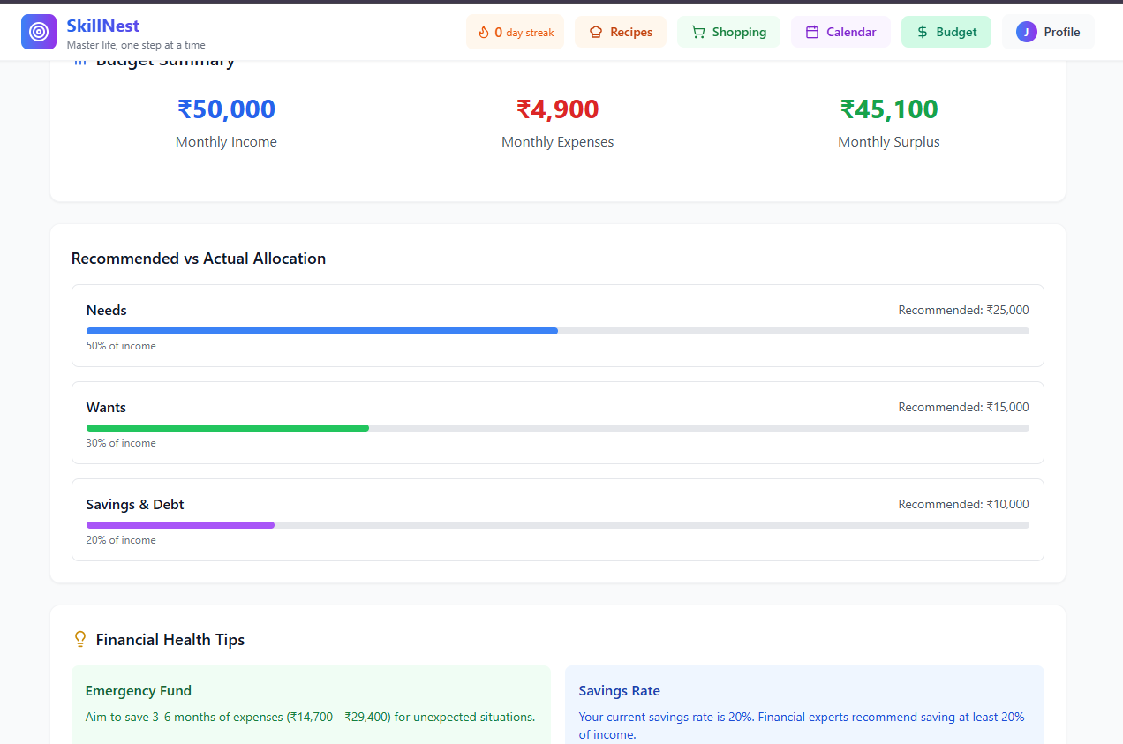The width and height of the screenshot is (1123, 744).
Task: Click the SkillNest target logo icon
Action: pos(39,32)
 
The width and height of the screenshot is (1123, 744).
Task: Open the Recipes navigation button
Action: pos(621,32)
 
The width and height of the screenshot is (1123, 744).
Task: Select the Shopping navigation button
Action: pos(728,32)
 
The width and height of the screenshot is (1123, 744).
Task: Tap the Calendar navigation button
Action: pos(840,32)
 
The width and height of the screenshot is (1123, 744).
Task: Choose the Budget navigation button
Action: pos(946,32)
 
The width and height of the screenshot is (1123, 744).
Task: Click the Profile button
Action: pos(1048,32)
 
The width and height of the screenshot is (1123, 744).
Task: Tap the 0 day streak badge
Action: pos(516,32)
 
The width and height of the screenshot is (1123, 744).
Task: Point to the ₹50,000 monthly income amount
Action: pos(226,109)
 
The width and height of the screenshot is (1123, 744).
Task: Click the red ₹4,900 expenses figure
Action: pos(557,109)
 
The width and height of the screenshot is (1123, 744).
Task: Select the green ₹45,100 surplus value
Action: pos(889,109)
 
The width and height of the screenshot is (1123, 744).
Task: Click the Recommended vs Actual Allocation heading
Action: pos(199,259)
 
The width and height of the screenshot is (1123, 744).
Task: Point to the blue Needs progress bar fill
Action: pos(322,331)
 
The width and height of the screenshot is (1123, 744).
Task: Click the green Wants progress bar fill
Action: pos(228,428)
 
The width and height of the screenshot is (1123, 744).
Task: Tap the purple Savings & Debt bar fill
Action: pos(180,525)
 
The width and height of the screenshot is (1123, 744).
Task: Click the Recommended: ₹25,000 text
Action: pos(963,311)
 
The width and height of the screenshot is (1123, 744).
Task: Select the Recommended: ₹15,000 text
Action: pos(963,408)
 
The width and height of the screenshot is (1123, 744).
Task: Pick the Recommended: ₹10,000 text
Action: pos(963,505)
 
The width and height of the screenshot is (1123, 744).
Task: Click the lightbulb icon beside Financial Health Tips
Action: pos(80,639)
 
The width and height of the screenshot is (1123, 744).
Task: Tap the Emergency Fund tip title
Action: pos(139,691)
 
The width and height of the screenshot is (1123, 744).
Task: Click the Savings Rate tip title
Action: pos(619,691)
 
